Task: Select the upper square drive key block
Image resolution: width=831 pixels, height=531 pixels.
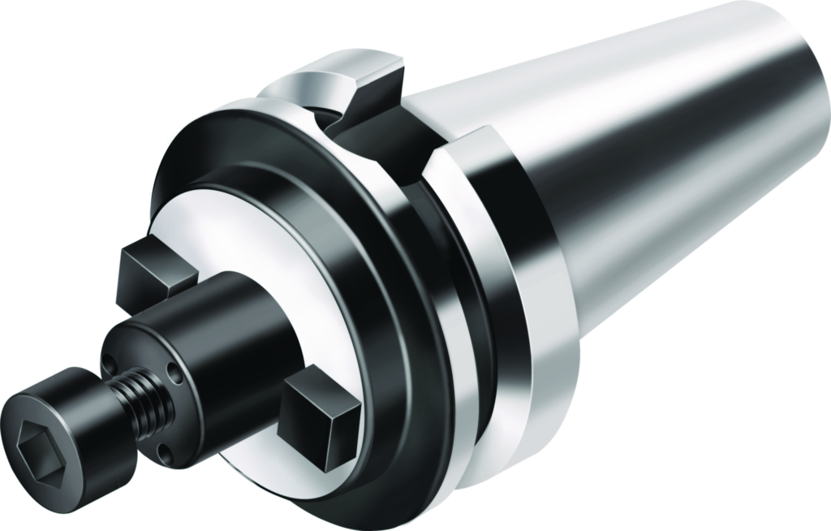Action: coord(154,272)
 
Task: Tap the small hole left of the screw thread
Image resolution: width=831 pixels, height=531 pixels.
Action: coord(108,358)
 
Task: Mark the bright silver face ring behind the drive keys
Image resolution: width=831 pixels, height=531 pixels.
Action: coord(235,235)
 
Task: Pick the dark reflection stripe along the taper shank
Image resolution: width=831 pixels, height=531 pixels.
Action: coord(649,162)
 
